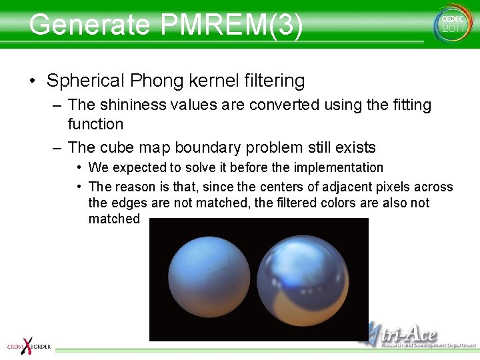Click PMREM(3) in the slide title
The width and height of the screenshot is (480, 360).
(231, 25)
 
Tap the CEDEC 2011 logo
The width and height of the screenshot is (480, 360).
(452, 24)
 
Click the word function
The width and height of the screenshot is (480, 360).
(95, 124)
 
